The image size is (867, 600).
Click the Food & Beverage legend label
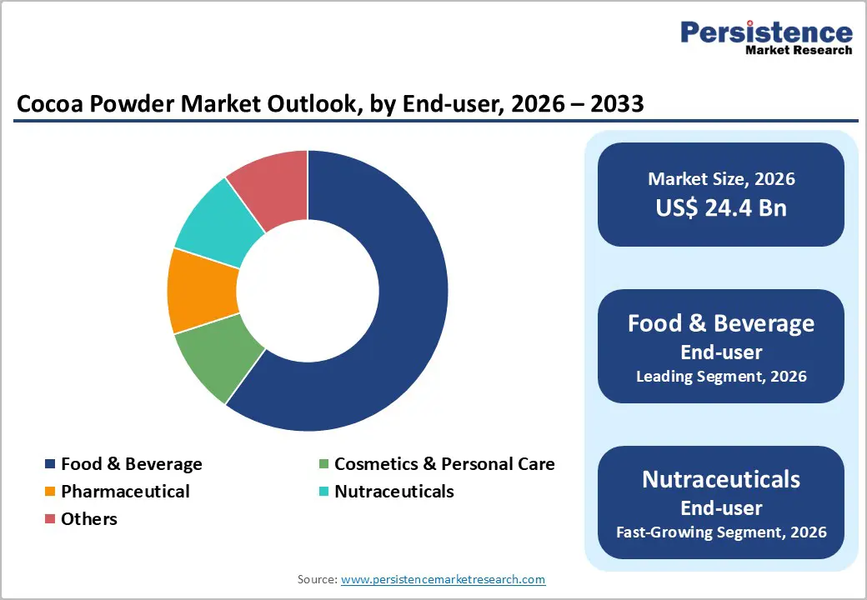[x=131, y=464]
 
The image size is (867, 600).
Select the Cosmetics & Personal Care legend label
[x=444, y=464]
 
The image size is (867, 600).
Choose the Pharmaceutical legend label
[x=125, y=492]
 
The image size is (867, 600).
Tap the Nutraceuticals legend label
[x=393, y=492]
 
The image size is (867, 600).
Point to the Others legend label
[x=88, y=519]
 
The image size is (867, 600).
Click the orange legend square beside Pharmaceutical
[x=50, y=492]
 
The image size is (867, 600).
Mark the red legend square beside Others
[x=50, y=519]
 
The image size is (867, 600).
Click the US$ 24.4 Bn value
[x=720, y=207]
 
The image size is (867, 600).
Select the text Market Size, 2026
[x=720, y=179]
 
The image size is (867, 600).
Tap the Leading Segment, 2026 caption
[x=720, y=377]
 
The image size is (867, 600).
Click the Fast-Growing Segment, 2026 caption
[x=720, y=532]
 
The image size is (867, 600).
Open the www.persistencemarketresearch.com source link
[x=443, y=579]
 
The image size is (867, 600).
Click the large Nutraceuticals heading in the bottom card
[x=720, y=479]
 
